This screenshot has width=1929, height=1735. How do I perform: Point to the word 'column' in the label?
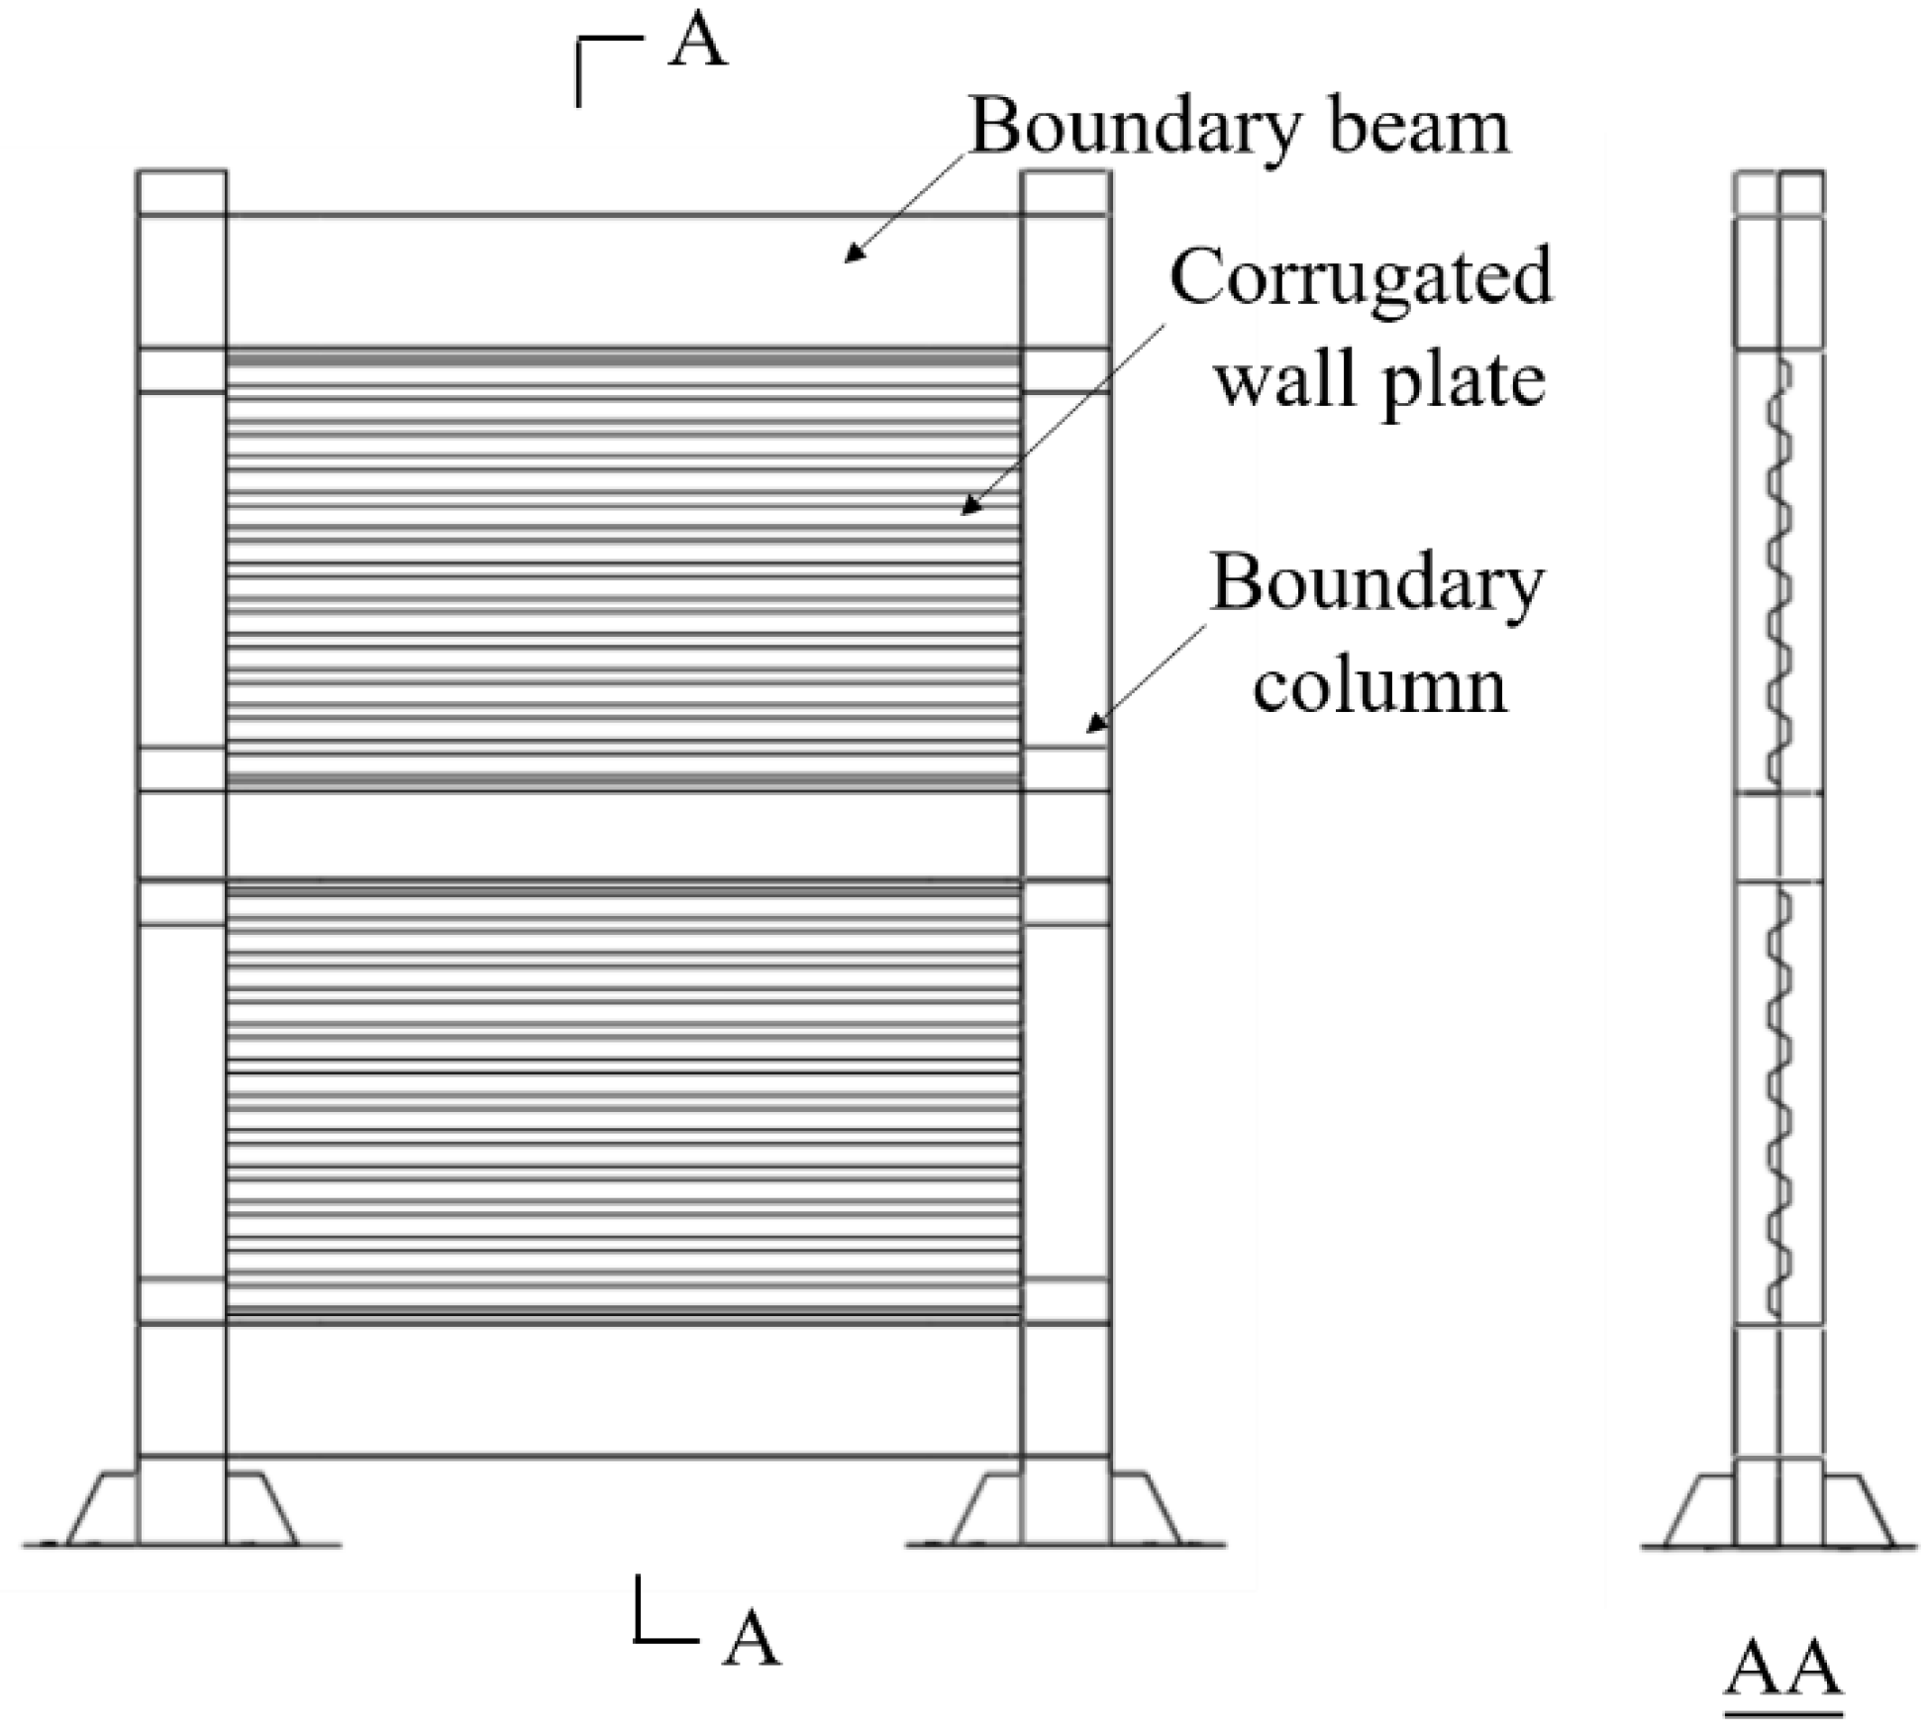click(x=1379, y=685)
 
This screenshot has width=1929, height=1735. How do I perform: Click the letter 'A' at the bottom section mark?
click(x=751, y=1640)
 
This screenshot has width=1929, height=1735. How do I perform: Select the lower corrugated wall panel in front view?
click(x=624, y=1099)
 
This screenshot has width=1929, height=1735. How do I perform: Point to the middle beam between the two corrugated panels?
click(x=624, y=835)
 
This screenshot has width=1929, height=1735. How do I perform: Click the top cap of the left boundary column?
click(x=182, y=192)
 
